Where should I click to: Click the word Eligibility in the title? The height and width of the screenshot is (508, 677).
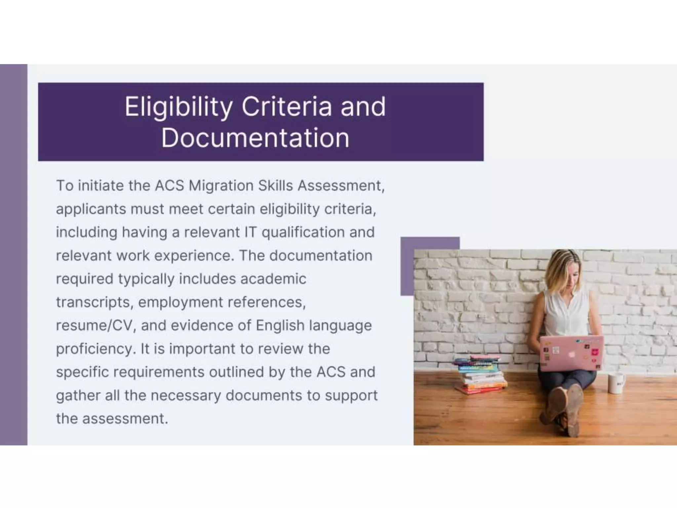coord(179,107)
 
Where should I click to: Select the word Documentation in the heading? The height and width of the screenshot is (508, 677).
coord(255,138)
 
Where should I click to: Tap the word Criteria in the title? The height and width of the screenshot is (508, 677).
coord(286,106)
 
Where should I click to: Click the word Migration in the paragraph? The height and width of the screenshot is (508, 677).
coord(221,186)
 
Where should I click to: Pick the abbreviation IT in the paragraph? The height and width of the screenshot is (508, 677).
coord(250,232)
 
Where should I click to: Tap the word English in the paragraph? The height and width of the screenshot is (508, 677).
coord(280,325)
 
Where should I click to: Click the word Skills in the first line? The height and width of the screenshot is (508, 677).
coord(275,186)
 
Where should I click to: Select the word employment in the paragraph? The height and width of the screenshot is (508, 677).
coord(180,302)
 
